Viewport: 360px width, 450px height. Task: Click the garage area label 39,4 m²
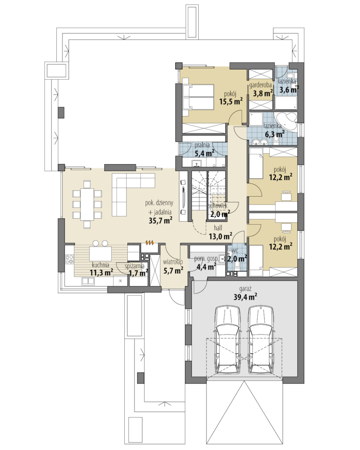pyautogui.click(x=245, y=297)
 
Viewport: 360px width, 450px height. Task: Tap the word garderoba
pyautogui.click(x=260, y=85)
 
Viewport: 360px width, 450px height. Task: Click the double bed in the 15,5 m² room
pyautogui.click(x=198, y=97)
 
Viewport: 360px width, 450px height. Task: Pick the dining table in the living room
pyautogui.click(x=87, y=204)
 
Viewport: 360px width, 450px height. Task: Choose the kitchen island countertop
pyautogui.click(x=100, y=253)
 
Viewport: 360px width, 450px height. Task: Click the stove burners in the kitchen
pyautogui.click(x=69, y=259)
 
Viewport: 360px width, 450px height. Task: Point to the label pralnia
pyautogui.click(x=202, y=145)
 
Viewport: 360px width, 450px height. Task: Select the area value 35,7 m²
pyautogui.click(x=160, y=220)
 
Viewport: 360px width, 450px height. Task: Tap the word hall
pyautogui.click(x=218, y=228)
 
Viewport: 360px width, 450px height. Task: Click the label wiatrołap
pyautogui.click(x=173, y=262)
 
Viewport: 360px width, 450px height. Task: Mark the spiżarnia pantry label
pyautogui.click(x=135, y=266)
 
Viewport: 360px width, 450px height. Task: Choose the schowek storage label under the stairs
pyautogui.click(x=218, y=206)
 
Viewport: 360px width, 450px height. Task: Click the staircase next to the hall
pyautogui.click(x=209, y=191)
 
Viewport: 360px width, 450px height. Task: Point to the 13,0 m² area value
pyautogui.click(x=220, y=237)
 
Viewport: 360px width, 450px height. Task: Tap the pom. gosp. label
pyautogui.click(x=206, y=259)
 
